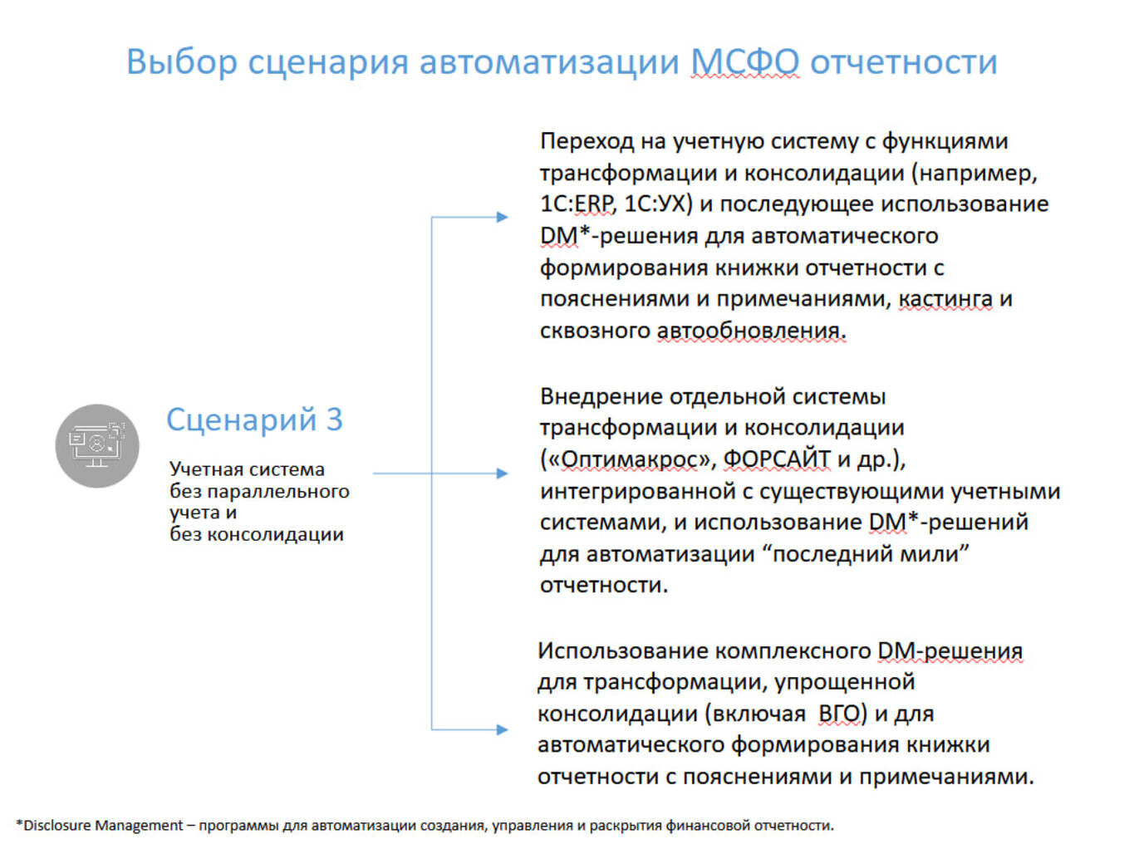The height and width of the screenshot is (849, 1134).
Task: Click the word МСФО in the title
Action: pyautogui.click(x=745, y=62)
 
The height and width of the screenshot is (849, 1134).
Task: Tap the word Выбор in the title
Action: pyautogui.click(x=181, y=62)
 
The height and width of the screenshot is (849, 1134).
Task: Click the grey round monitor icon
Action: pyautogui.click(x=97, y=446)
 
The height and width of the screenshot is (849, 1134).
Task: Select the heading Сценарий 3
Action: pyautogui.click(x=254, y=420)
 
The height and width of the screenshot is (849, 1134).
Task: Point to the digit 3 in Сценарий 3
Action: pyautogui.click(x=334, y=420)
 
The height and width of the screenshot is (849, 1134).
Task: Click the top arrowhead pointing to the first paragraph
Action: pyautogui.click(x=502, y=217)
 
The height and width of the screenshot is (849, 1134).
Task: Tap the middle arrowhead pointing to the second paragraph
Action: pyautogui.click(x=502, y=473)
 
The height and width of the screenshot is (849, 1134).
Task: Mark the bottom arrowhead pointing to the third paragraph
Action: pyautogui.click(x=502, y=729)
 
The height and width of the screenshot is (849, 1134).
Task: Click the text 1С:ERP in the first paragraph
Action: pyautogui.click(x=577, y=204)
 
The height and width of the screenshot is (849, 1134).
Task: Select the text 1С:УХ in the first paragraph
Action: pyautogui.click(x=657, y=204)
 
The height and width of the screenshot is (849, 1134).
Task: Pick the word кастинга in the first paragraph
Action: pyautogui.click(x=945, y=299)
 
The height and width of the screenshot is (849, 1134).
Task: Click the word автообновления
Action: pyautogui.click(x=751, y=331)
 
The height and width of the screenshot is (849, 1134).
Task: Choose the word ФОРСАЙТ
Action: pyautogui.click(x=777, y=459)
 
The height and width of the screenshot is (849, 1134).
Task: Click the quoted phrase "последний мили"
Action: pyautogui.click(x=871, y=553)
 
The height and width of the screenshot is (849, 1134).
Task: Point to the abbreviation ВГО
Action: pyautogui.click(x=842, y=714)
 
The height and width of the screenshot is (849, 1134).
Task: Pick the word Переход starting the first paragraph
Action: pyautogui.click(x=587, y=141)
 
